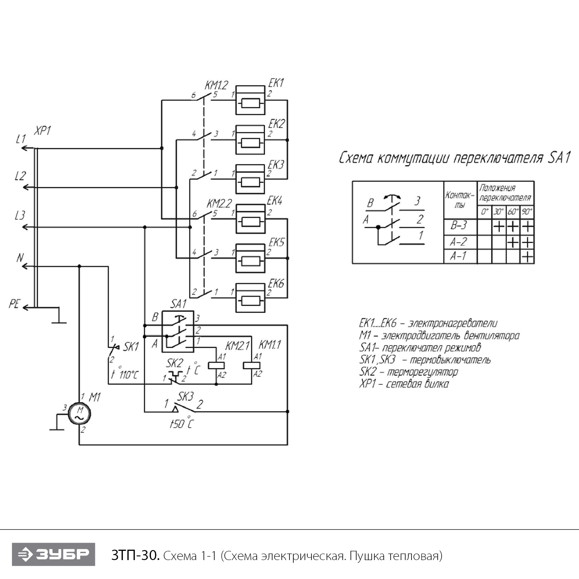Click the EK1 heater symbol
(251, 100)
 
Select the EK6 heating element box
(251, 298)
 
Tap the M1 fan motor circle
(80, 414)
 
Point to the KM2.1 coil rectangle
(216, 366)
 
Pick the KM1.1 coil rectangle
(252, 366)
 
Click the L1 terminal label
(21, 139)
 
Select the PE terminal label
(14, 304)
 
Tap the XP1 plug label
(42, 131)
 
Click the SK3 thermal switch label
(186, 396)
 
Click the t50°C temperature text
(181, 424)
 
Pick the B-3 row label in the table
(459, 225)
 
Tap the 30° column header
(499, 212)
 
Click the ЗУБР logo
(53, 555)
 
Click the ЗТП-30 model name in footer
(135, 556)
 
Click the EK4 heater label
(275, 201)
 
